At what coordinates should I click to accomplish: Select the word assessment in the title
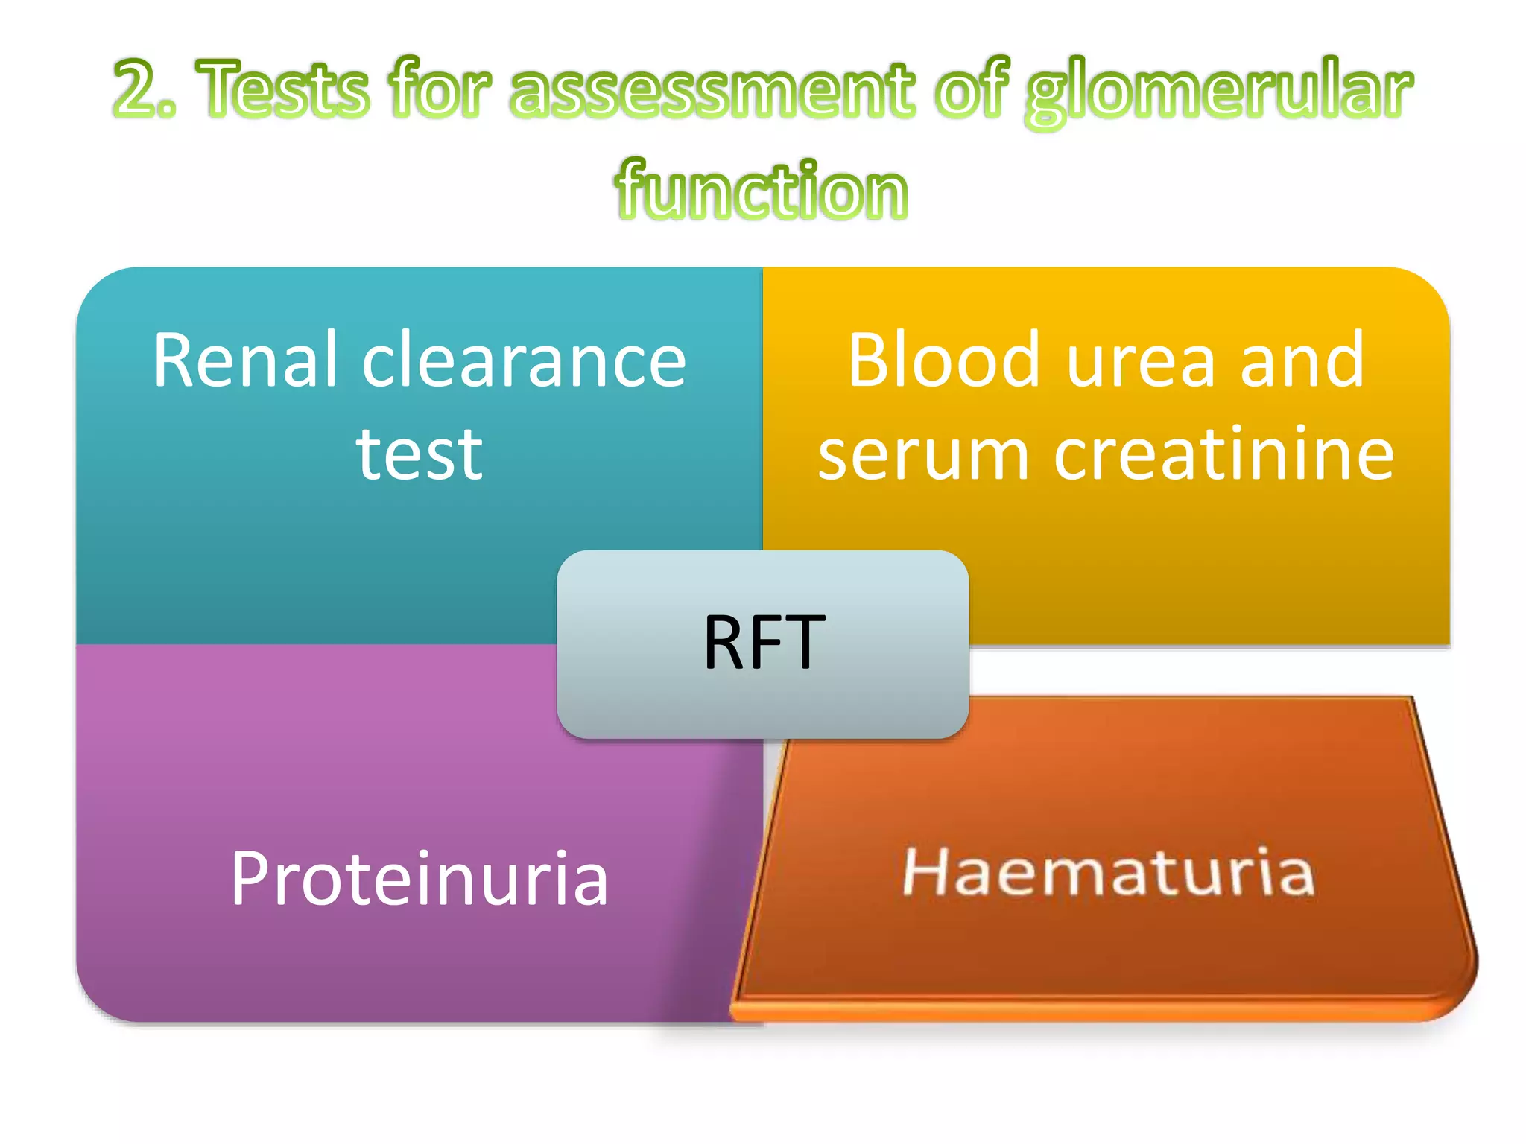712,91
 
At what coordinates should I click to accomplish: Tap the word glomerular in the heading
1218,93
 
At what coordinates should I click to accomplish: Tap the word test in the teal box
420,454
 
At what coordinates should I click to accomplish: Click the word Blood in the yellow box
943,361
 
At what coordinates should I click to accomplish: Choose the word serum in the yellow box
924,456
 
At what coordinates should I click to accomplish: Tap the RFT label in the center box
764,643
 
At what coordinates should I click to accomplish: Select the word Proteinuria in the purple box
420,879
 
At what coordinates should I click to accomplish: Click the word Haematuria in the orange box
1108,871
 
